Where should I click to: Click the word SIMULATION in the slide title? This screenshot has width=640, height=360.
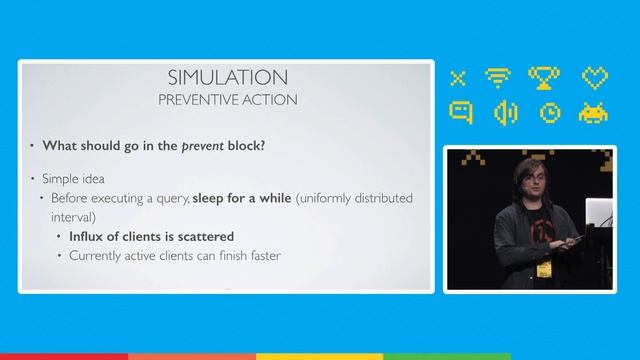pyautogui.click(x=229, y=78)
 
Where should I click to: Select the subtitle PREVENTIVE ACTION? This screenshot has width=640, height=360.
pyautogui.click(x=229, y=100)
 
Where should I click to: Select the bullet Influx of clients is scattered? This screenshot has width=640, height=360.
pyautogui.click(x=152, y=237)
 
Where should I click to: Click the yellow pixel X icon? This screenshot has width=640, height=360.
pyautogui.click(x=459, y=77)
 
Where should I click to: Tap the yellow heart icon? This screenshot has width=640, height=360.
pyautogui.click(x=595, y=77)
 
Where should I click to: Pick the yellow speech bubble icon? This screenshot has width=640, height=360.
pyautogui.click(x=459, y=113)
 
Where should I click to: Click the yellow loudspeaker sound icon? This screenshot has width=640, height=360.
pyautogui.click(x=504, y=113)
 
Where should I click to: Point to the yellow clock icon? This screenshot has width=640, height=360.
pyautogui.click(x=549, y=113)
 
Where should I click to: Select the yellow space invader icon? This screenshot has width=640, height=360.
pyautogui.click(x=595, y=113)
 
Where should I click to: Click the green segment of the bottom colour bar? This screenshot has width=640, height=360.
pyautogui.click(x=448, y=355)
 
